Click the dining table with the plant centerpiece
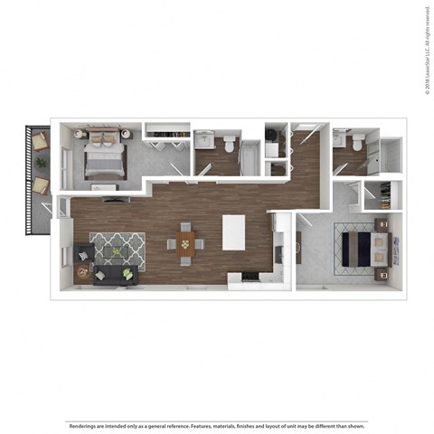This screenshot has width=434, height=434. (184, 242)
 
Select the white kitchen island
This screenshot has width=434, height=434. (233, 231)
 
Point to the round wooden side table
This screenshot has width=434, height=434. (83, 271)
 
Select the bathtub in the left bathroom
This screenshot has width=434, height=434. (250, 158)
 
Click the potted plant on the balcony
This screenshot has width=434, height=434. (40, 163)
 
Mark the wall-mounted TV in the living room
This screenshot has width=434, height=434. (113, 199)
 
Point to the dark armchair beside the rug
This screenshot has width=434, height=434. (82, 253)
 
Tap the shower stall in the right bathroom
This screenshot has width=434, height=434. (390, 156)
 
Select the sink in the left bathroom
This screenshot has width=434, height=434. (203, 140)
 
